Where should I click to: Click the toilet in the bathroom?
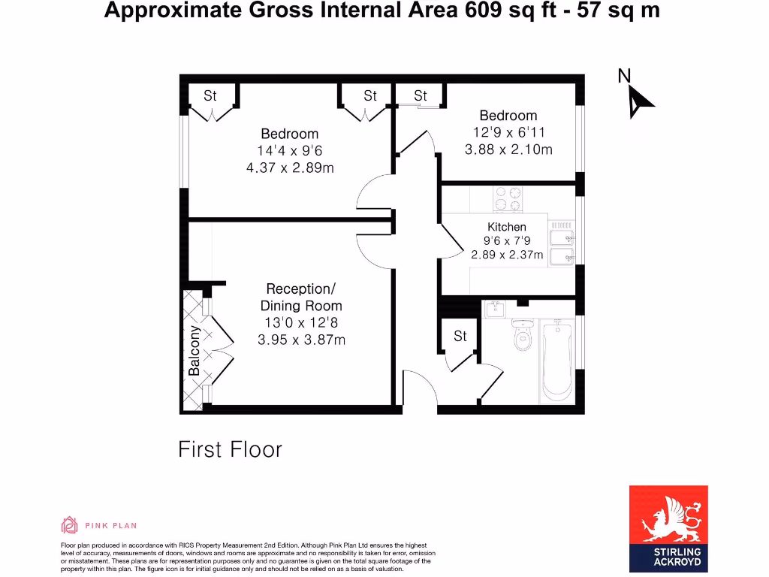pyautogui.click(x=522, y=336)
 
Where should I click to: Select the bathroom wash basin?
pyautogui.click(x=495, y=309)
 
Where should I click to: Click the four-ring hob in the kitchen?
pyautogui.click(x=508, y=198)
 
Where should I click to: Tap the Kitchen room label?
pyautogui.click(x=507, y=227)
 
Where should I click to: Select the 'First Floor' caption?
pyautogui.click(x=230, y=449)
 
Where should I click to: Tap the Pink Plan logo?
pyautogui.click(x=99, y=525)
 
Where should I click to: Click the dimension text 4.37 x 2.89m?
pyautogui.click(x=290, y=168)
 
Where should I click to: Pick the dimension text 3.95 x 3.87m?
pyautogui.click(x=301, y=340)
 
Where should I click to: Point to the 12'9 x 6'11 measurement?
pyautogui.click(x=508, y=132)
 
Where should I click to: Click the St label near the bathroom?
pyautogui.click(x=460, y=336)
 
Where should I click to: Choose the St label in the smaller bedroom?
pyautogui.click(x=421, y=95)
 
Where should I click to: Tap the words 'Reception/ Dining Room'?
pyautogui.click(x=301, y=297)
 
